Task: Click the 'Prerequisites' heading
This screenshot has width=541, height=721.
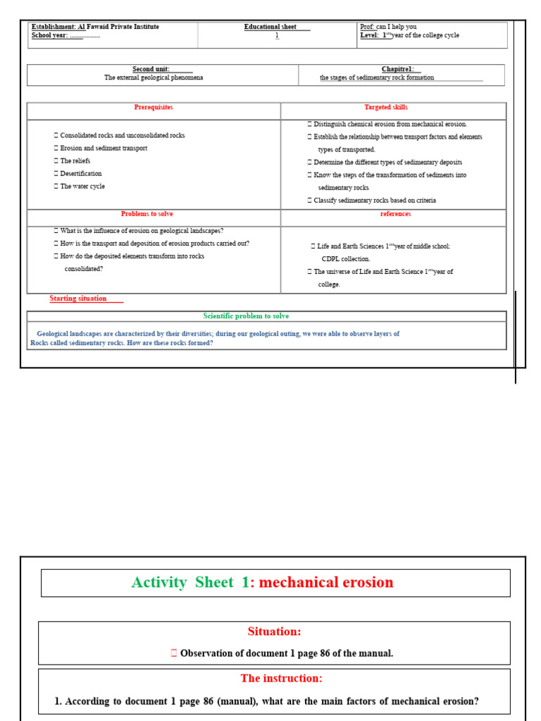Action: pos(154,107)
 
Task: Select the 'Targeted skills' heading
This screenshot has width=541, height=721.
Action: pos(385,107)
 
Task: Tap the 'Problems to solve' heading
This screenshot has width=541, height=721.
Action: pos(147,214)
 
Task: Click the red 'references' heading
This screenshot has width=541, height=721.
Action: pos(395,214)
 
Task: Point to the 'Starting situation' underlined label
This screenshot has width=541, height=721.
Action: pos(78,299)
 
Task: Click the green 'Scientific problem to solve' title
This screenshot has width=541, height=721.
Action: pos(246,316)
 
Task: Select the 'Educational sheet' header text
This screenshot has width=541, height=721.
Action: pos(270,27)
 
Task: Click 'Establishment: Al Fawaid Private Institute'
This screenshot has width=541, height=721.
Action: pos(95,27)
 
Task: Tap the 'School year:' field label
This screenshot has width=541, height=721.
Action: pos(49,35)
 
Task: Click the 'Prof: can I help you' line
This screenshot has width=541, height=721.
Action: pos(388,27)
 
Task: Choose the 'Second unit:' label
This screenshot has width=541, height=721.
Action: pos(151,69)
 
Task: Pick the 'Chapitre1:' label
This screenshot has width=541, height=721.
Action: pos(398,69)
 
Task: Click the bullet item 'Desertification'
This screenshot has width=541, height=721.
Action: pos(80,173)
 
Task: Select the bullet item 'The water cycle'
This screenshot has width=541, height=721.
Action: pos(82,187)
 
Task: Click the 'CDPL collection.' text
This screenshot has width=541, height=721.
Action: pos(345,259)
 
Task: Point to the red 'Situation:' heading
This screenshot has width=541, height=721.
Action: pos(274,632)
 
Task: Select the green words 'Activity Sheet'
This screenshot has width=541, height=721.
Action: pos(182,582)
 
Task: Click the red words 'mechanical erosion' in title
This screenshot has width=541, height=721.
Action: pos(326,582)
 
